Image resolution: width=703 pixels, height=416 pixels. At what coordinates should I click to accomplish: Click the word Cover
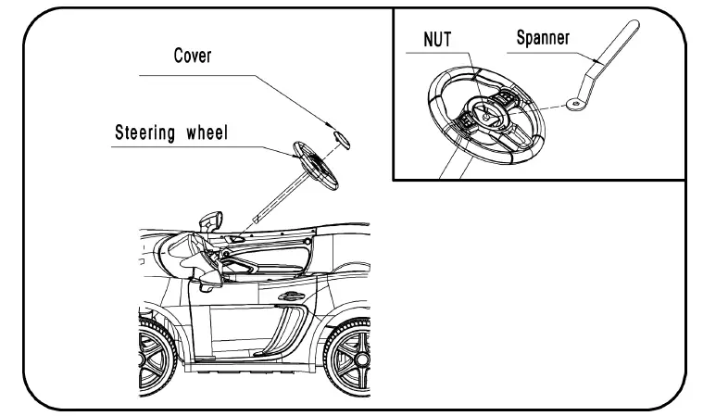(193, 56)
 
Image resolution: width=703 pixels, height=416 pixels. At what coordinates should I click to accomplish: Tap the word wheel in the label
(206, 132)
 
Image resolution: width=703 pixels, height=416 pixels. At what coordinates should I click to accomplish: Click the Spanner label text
(543, 38)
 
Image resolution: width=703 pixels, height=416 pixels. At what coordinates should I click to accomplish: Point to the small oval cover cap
(342, 139)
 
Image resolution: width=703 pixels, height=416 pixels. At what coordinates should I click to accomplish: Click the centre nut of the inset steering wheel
(484, 114)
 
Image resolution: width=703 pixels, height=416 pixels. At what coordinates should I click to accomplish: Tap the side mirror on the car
(213, 222)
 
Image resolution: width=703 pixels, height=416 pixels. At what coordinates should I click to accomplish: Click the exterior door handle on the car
(290, 296)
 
